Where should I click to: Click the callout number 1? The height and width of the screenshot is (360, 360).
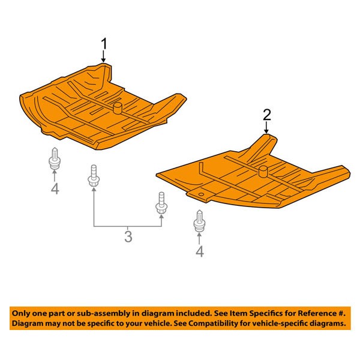click(104, 44)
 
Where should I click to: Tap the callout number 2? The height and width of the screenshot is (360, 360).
click(267, 115)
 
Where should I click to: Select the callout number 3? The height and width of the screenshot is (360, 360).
click(128, 237)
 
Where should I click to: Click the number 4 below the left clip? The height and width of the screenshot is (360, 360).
click(55, 189)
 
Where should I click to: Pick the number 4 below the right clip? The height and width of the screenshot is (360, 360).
click(200, 251)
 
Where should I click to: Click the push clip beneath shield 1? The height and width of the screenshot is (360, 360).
click(55, 158)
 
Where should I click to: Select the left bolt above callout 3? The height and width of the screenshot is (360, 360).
click(94, 175)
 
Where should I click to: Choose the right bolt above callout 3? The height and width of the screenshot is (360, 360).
click(161, 203)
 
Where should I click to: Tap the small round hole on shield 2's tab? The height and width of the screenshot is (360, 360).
click(201, 194)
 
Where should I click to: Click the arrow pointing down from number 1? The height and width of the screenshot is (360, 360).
click(104, 56)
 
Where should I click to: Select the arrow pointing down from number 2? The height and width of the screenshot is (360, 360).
click(266, 128)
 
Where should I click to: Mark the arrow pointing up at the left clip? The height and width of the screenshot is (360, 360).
click(55, 176)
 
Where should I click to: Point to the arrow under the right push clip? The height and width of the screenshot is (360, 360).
click(199, 238)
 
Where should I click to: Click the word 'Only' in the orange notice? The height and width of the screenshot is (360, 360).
click(21, 313)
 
